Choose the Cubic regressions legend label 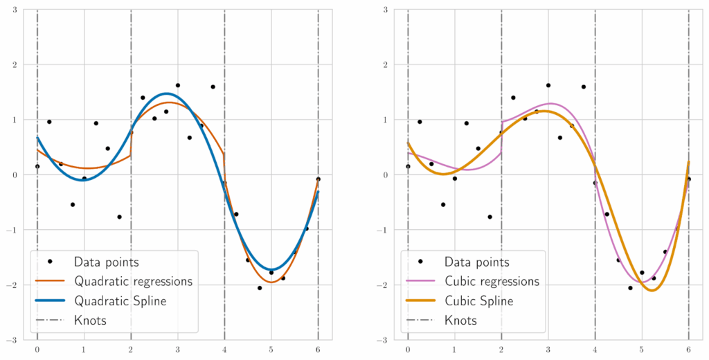(x=492, y=282)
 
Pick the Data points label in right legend (x=476, y=262)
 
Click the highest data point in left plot (x=178, y=85)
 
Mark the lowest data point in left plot (x=260, y=288)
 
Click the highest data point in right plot (x=548, y=85)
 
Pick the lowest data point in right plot (x=630, y=288)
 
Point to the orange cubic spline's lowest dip (x=652, y=291)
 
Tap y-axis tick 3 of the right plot (x=395, y=10)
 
